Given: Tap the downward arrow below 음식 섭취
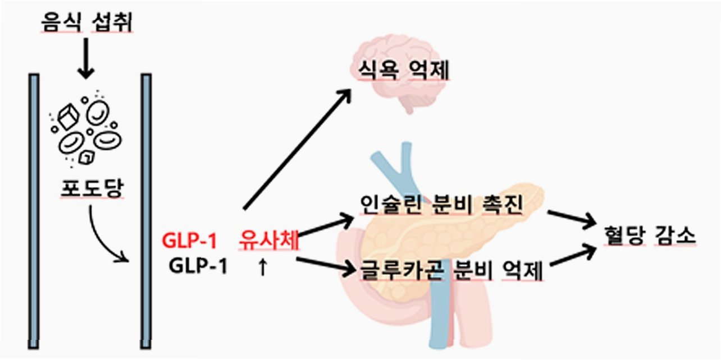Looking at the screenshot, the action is [86, 58].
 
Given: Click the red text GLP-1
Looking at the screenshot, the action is [189, 241].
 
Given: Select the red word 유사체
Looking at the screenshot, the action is [268, 241].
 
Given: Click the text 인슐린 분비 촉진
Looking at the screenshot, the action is [441, 206].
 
